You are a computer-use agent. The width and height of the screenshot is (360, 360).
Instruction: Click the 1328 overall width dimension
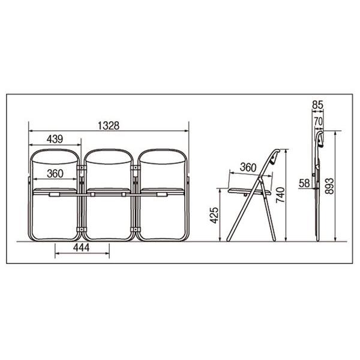pyautogui.click(x=109, y=125)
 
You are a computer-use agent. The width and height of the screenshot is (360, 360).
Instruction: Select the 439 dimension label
pyautogui.click(x=55, y=139)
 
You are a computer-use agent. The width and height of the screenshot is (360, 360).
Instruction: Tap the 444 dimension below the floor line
pyautogui.click(x=82, y=248)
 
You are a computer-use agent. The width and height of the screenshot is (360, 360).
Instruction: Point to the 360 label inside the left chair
pyautogui.click(x=55, y=173)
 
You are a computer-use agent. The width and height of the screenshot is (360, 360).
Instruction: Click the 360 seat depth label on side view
pyautogui.click(x=248, y=167)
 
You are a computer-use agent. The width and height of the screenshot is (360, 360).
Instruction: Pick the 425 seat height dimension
pyautogui.click(x=215, y=215)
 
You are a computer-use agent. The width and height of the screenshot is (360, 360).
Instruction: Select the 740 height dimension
pyautogui.click(x=280, y=195)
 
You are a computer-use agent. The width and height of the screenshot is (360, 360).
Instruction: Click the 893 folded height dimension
pyautogui.click(x=329, y=186)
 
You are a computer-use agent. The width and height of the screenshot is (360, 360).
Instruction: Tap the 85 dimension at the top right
pyautogui.click(x=317, y=105)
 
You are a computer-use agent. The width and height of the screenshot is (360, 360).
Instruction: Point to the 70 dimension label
pyautogui.click(x=319, y=121)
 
